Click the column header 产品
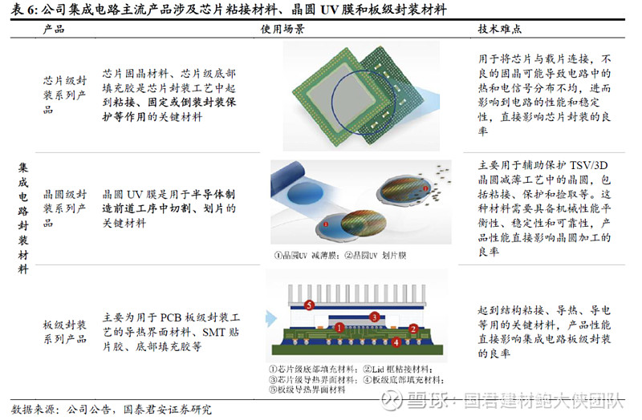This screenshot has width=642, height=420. pyautogui.click(x=54, y=29)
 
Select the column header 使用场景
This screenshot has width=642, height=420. pyautogui.click(x=282, y=29)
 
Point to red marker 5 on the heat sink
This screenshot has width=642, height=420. pyautogui.click(x=309, y=305)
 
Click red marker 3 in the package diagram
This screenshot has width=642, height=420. pyautogui.click(x=375, y=317)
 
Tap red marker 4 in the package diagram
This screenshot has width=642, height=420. pyautogui.click(x=396, y=341)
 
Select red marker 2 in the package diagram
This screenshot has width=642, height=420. pyautogui.click(x=412, y=328)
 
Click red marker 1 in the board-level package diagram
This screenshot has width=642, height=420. pyautogui.click(x=340, y=328)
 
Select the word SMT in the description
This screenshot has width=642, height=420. pyautogui.click(x=211, y=333)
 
